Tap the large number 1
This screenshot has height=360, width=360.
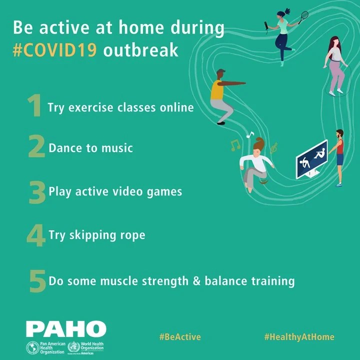[34, 106]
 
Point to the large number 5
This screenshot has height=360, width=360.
[37, 280]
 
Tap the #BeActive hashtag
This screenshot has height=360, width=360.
[180, 336]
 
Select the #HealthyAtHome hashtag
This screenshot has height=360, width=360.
[299, 336]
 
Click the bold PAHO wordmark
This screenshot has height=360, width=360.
[66, 329]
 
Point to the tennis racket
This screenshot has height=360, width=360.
[303, 18]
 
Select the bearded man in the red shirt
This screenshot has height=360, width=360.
[340, 155]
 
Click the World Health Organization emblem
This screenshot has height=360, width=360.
[74, 347]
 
